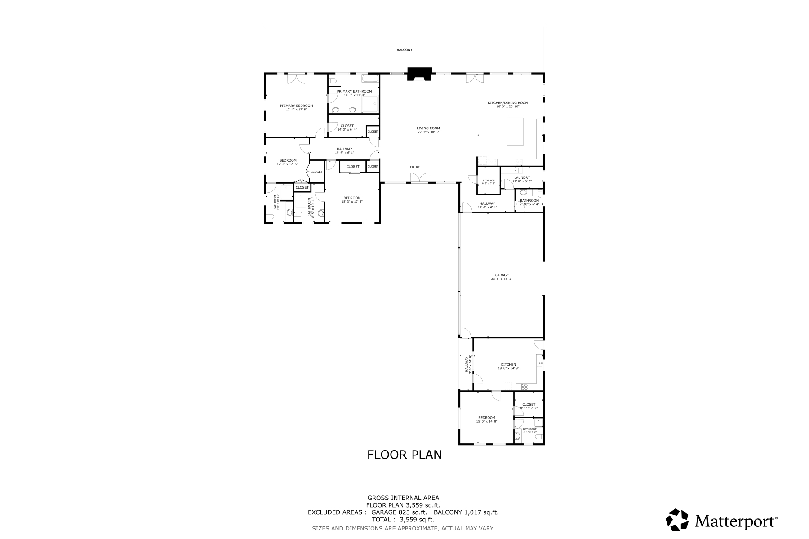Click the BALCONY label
[404, 50]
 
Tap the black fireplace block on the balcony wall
[419, 74]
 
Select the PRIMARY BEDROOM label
[296, 106]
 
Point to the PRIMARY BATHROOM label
[354, 91]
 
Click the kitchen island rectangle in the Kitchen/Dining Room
[515, 131]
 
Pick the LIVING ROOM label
[428, 128]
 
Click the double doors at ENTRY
[419, 178]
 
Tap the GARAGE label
[502, 275]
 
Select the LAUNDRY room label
[522, 177]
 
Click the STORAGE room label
[489, 181]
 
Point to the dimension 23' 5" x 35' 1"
[502, 279]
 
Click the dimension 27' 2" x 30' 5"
[428, 132]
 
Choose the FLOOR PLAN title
[404, 455]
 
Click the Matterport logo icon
[677, 520]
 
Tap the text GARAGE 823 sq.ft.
[399, 512]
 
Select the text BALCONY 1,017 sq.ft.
[466, 512]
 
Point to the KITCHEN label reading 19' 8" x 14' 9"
[508, 364]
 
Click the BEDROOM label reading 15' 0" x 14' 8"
[486, 418]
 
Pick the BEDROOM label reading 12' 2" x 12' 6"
[288, 160]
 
